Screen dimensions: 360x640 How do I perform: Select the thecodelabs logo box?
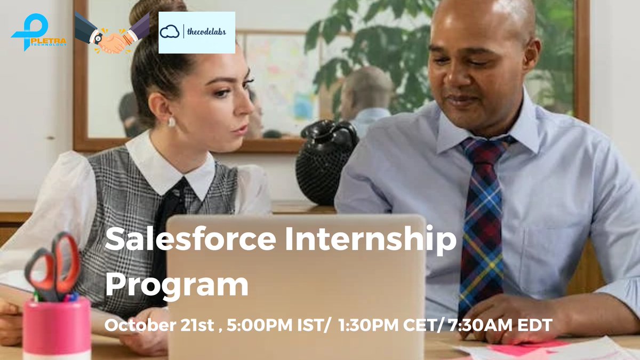coord(196,33)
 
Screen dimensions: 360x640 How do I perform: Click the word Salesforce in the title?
coord(189,241)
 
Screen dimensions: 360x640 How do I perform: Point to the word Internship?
coord(371,241)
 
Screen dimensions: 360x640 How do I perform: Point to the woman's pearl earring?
coord(172,122)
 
